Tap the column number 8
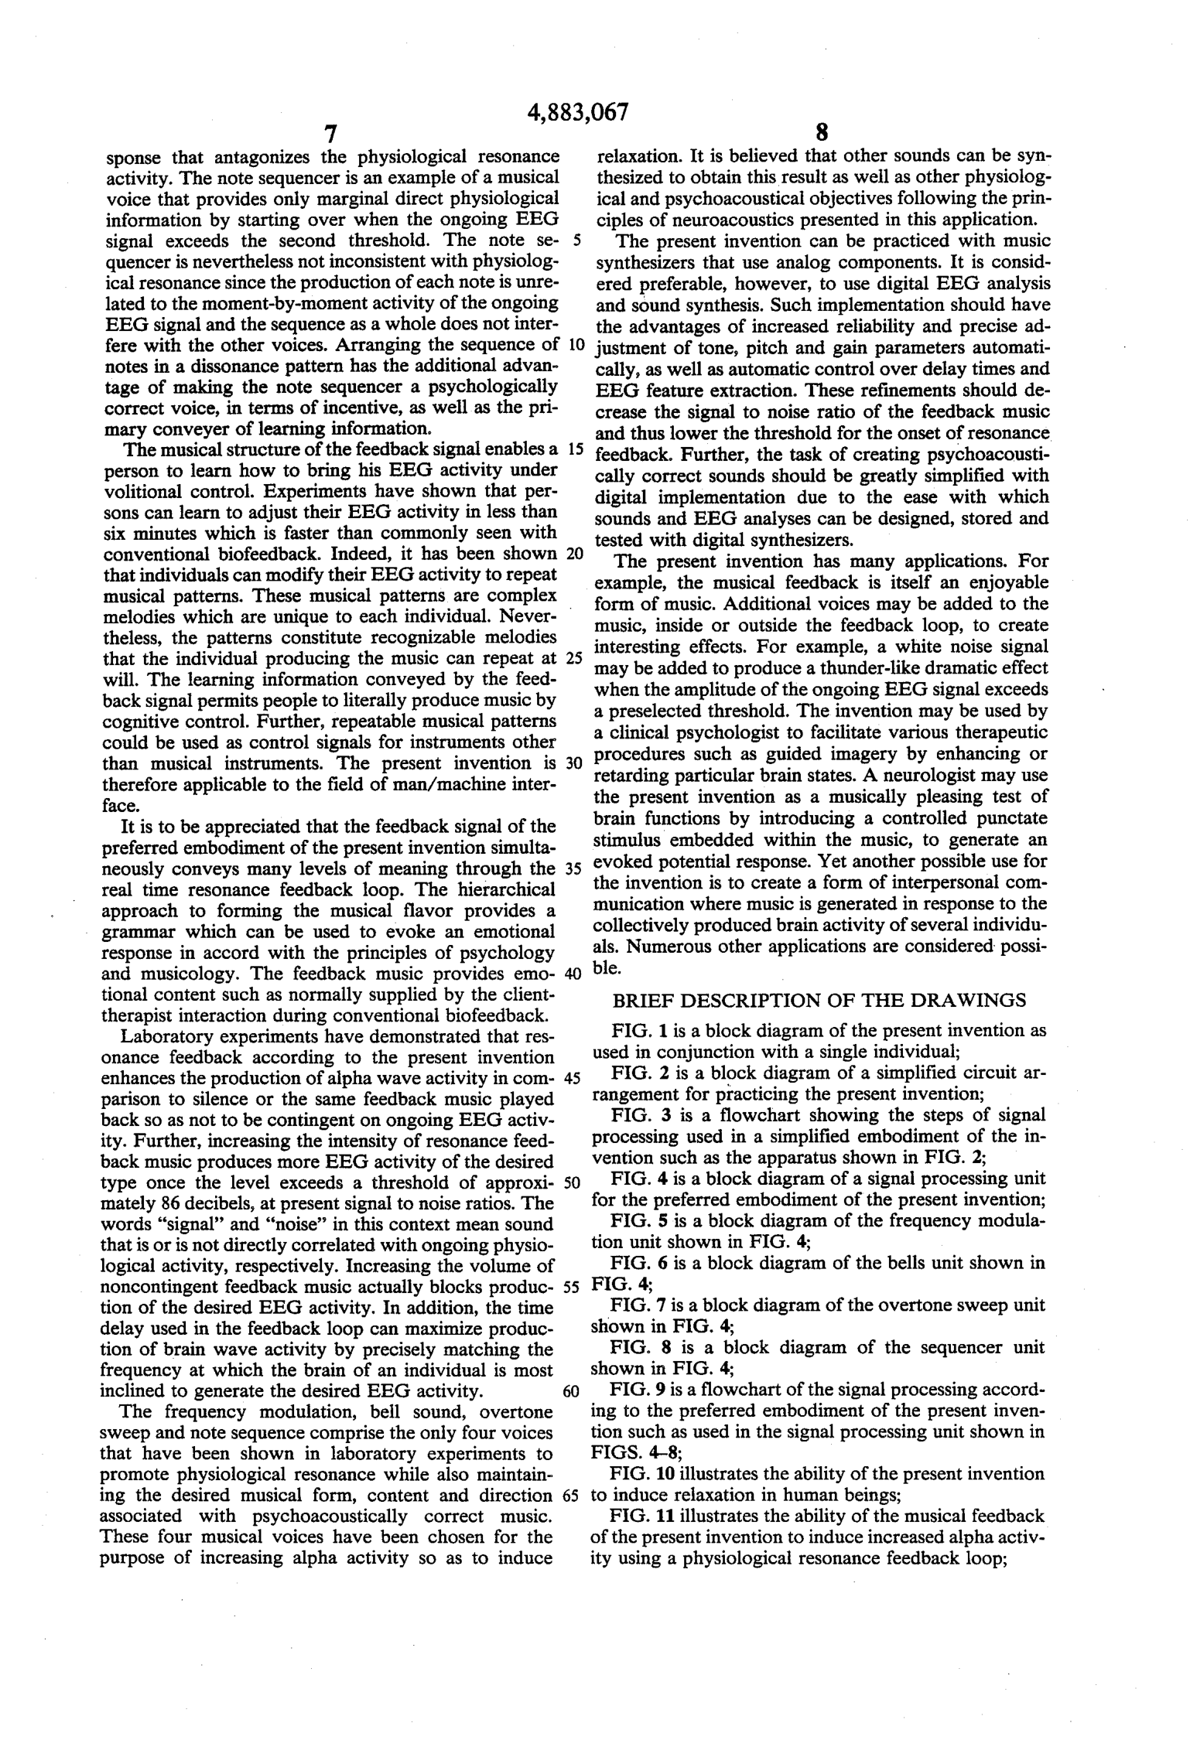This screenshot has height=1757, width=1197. pyautogui.click(x=823, y=132)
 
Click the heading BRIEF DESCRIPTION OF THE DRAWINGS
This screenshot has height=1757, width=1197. pyautogui.click(x=819, y=1001)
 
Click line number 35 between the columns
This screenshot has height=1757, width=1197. pyautogui.click(x=573, y=868)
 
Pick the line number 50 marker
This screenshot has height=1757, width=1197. pyautogui.click(x=573, y=1183)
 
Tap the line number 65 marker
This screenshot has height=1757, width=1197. pyautogui.click(x=572, y=1496)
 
